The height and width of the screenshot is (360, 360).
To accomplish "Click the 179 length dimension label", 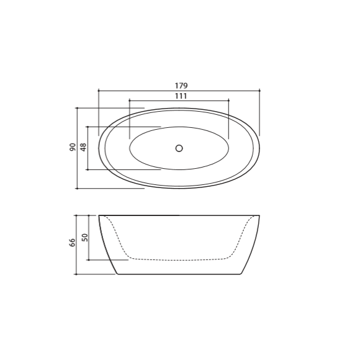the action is point(181,86).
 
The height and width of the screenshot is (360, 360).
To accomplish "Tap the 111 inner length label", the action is point(181,96).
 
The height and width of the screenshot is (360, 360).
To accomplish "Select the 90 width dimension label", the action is point(73,147).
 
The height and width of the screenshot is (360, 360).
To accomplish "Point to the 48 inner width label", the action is point(84,147).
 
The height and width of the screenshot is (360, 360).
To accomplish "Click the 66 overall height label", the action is point(73,243).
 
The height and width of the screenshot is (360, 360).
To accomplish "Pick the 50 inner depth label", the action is point(85,237).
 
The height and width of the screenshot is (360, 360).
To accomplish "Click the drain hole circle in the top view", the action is point(179,148).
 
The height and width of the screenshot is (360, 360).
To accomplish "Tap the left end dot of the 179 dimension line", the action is point(99,91).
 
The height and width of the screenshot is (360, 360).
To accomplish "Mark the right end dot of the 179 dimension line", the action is point(259,91).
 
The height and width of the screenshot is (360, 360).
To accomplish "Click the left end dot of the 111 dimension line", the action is point(130,101).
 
